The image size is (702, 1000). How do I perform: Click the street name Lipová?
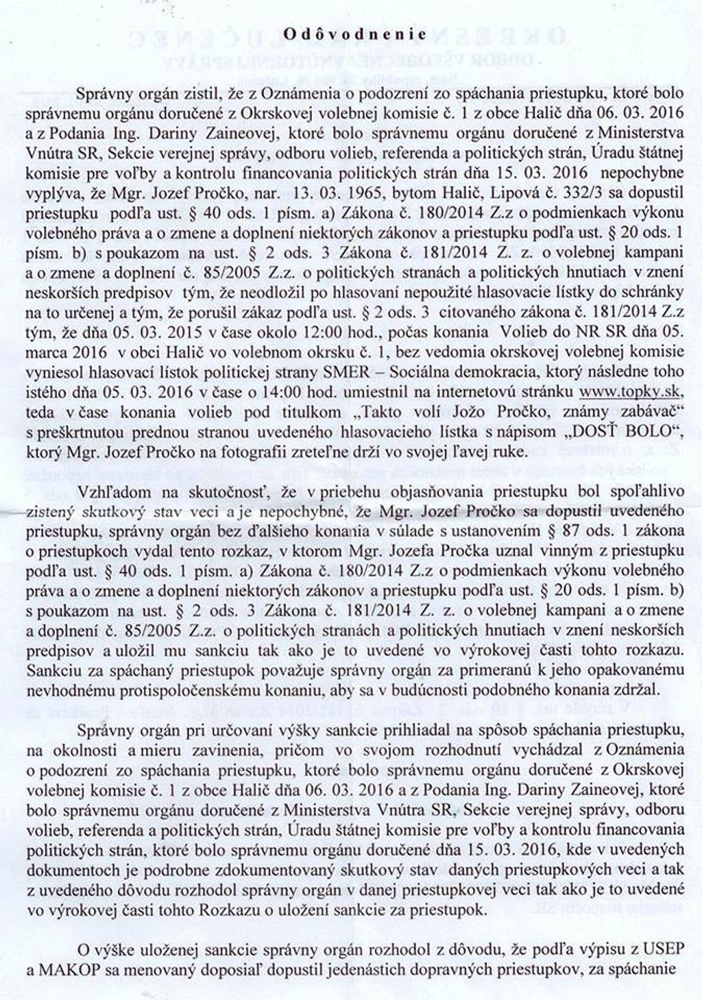[484, 193]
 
